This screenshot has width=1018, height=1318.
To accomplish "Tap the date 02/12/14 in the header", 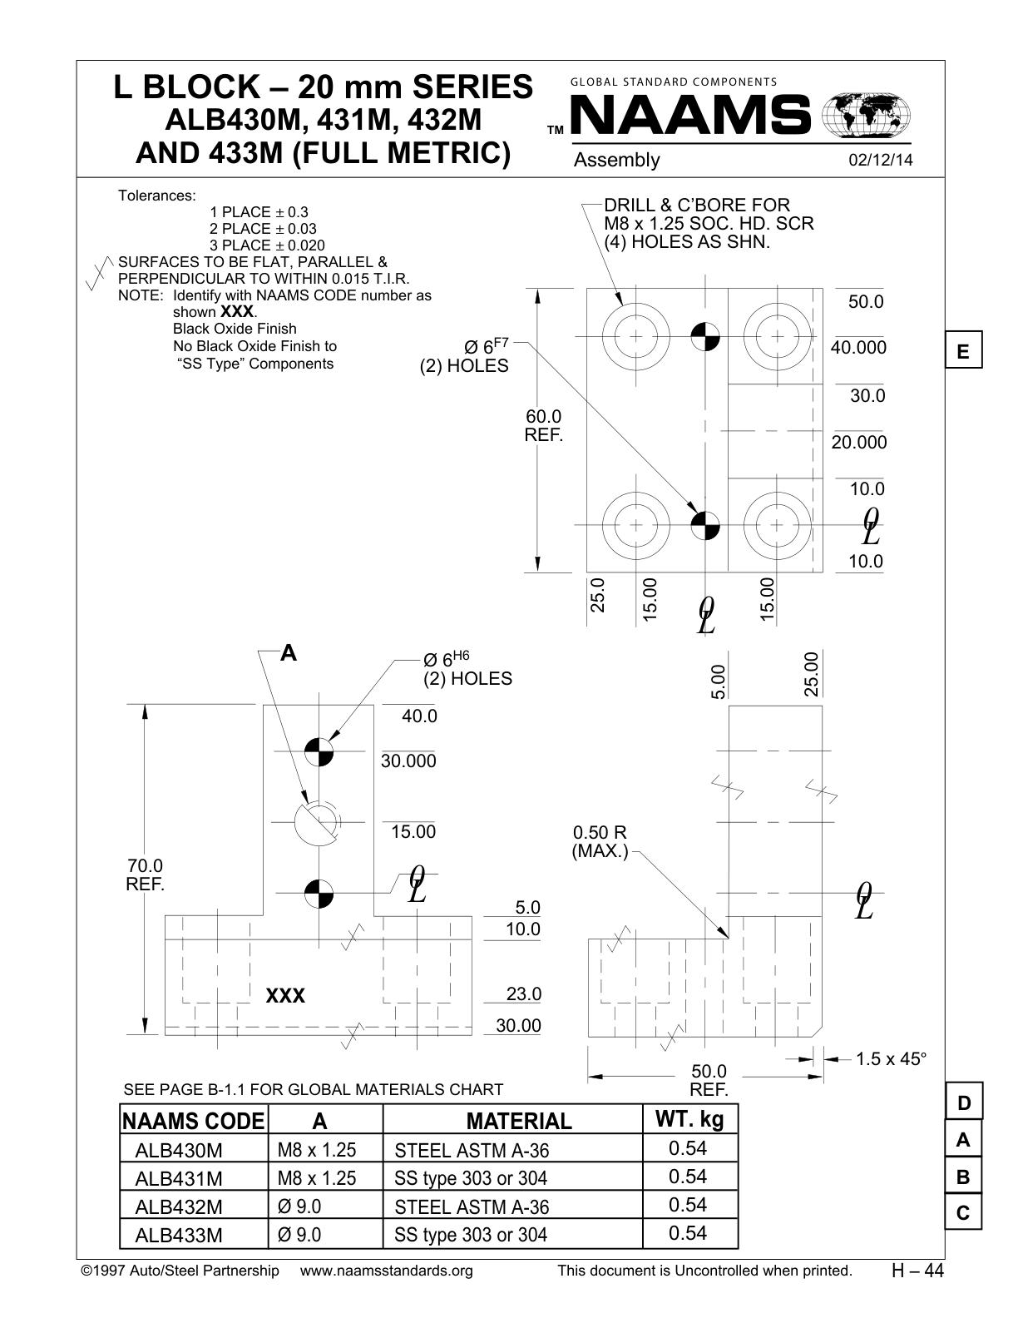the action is click(881, 160).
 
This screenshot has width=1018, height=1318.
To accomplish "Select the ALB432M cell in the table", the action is click(179, 1207).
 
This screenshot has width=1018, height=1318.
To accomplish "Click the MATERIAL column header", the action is click(519, 1121).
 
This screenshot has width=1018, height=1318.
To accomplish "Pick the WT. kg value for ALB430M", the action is click(688, 1148).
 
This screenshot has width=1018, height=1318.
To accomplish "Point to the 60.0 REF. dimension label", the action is click(544, 426).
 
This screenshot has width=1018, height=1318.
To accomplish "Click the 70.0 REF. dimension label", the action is click(146, 875).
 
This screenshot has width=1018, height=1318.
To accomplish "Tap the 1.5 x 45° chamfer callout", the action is click(891, 1059).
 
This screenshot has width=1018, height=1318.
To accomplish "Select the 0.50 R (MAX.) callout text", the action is click(600, 842).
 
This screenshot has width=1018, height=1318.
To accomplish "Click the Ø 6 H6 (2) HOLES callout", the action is click(467, 669).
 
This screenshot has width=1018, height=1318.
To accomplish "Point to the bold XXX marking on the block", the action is click(285, 996).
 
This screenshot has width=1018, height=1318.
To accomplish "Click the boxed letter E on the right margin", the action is click(963, 350).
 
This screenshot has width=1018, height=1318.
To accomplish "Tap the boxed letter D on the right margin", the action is click(963, 1102).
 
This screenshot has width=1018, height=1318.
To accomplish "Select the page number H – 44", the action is click(917, 1271).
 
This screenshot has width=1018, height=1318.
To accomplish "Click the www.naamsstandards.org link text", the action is click(386, 1271).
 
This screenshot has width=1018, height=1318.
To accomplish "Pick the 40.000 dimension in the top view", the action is click(858, 348).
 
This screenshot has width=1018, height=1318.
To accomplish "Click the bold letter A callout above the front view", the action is click(289, 653).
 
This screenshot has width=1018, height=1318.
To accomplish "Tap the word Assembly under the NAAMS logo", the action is click(616, 160).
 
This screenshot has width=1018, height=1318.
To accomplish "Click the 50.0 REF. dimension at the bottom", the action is click(709, 1080).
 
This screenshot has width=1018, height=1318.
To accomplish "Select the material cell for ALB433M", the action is click(471, 1235).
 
